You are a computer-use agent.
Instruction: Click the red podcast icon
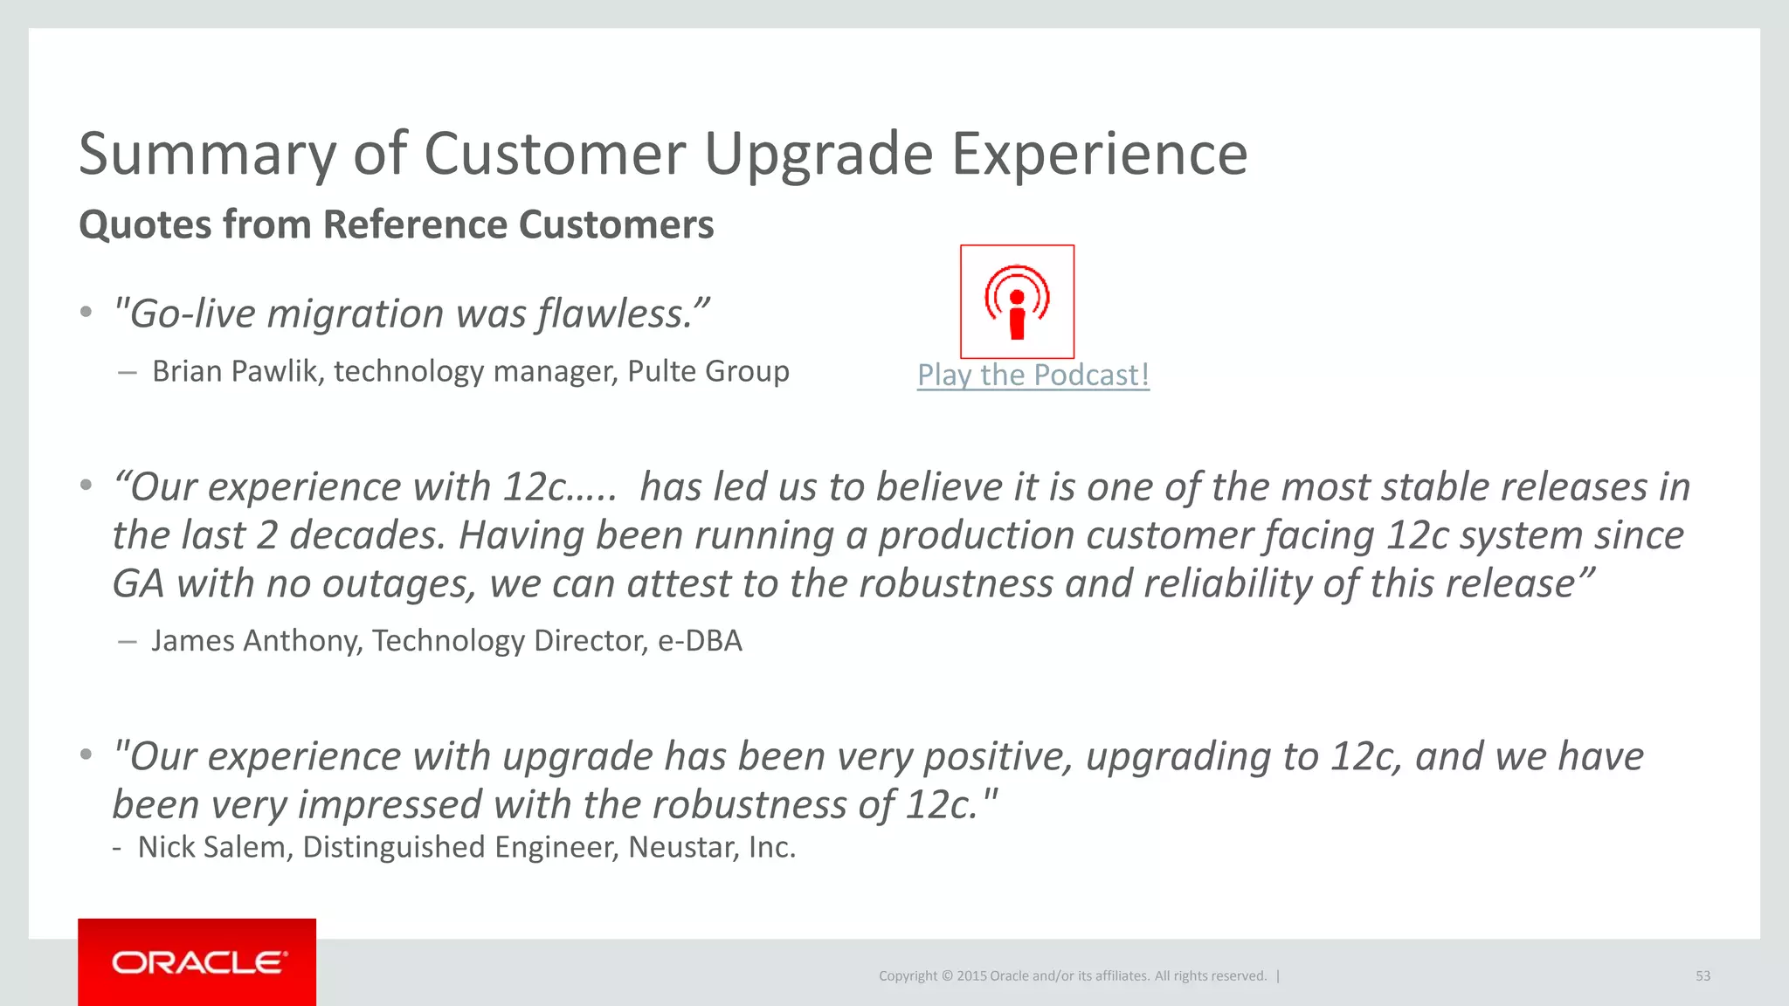click(x=1017, y=301)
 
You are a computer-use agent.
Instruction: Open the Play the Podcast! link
click(x=1033, y=376)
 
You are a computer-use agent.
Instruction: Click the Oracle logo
click(x=197, y=962)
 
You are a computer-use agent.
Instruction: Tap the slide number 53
click(x=1703, y=976)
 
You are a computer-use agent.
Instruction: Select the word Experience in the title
click(x=1099, y=155)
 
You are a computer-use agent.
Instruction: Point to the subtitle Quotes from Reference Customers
click(x=396, y=224)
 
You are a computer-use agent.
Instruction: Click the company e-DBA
click(x=699, y=641)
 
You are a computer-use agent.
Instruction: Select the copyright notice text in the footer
click(x=1073, y=976)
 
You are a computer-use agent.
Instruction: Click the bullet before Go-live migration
click(x=86, y=313)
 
